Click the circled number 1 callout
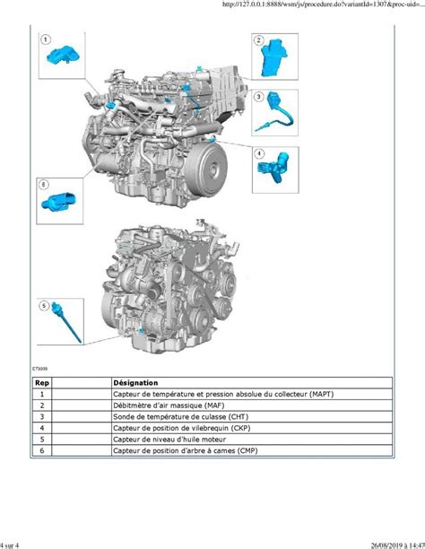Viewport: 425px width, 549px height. pyautogui.click(x=46, y=39)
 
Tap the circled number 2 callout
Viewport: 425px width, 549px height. pyautogui.click(x=259, y=39)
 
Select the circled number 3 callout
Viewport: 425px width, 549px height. pyautogui.click(x=259, y=96)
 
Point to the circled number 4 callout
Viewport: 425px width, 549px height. pyautogui.click(x=259, y=153)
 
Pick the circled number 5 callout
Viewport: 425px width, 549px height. pyautogui.click(x=44, y=306)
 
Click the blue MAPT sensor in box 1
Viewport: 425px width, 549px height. pyautogui.click(x=63, y=56)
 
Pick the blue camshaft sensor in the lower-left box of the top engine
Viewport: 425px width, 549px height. pyautogui.click(x=58, y=201)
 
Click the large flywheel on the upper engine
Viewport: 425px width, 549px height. pyautogui.click(x=206, y=167)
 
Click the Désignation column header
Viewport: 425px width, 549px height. pyautogui.click(x=135, y=383)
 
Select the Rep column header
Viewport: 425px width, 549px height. pyautogui.click(x=42, y=383)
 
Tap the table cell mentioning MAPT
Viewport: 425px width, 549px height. pyautogui.click(x=223, y=394)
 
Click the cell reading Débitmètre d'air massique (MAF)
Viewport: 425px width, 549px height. pyautogui.click(x=169, y=405)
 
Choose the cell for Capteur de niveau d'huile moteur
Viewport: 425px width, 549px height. pyautogui.click(x=169, y=439)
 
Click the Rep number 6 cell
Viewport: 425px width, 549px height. pyautogui.click(x=42, y=450)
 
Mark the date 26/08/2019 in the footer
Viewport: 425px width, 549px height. pyautogui.click(x=386, y=545)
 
